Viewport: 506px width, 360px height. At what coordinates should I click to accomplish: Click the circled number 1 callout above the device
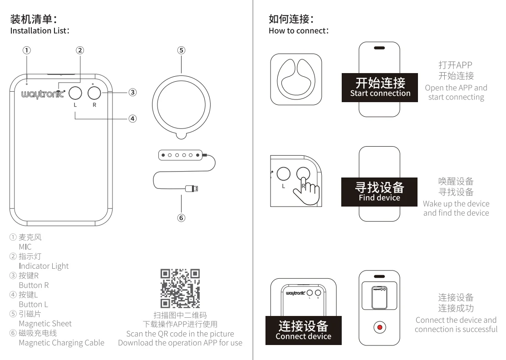click(x=27, y=50)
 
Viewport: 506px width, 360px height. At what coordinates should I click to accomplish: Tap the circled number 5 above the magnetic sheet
click(x=181, y=50)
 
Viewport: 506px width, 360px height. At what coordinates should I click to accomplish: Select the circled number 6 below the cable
click(x=181, y=217)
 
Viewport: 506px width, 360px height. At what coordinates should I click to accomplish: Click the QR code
click(x=180, y=288)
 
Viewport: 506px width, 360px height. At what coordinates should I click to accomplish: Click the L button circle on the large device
click(x=76, y=93)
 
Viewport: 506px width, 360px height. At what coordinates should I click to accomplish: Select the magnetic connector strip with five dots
click(x=181, y=155)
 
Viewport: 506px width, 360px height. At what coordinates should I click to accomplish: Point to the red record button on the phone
click(x=379, y=327)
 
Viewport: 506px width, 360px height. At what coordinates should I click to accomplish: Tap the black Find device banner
click(x=379, y=192)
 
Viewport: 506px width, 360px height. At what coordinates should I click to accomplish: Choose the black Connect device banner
click(x=303, y=330)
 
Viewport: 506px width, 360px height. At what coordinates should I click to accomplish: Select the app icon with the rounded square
click(x=296, y=80)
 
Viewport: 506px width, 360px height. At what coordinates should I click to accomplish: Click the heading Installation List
click(x=39, y=30)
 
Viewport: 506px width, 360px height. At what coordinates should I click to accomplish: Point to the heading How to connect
click(x=298, y=30)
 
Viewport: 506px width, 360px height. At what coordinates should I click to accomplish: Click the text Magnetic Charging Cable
click(x=61, y=342)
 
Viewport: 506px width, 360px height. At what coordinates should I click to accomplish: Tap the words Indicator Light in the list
click(x=44, y=266)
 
